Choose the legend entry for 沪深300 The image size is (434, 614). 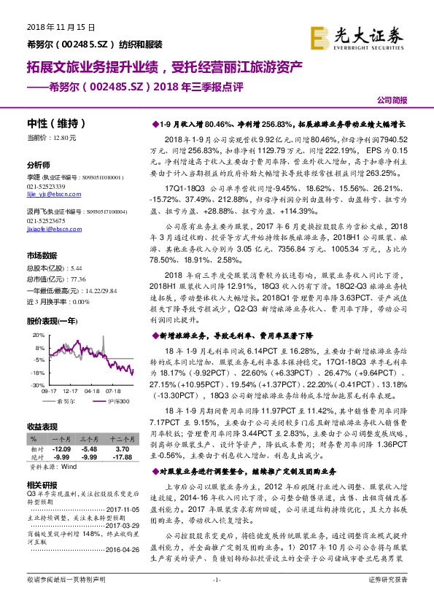(x=117, y=401)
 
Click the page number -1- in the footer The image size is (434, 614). (x=216, y=599)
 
